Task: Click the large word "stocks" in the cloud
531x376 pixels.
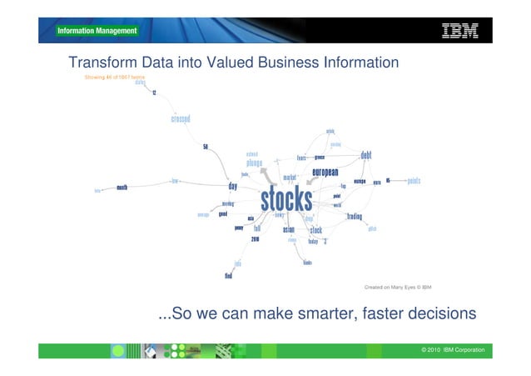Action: (x=286, y=200)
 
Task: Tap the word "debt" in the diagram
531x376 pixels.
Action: (x=365, y=156)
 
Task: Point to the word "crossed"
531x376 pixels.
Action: (x=181, y=119)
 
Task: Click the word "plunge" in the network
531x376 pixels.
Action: (x=254, y=163)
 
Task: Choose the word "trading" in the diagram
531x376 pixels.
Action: (x=355, y=217)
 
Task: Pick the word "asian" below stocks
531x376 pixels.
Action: (x=288, y=230)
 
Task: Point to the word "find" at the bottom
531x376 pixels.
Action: (x=228, y=275)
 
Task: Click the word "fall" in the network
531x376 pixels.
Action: (x=257, y=228)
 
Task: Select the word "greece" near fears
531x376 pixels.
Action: (x=319, y=157)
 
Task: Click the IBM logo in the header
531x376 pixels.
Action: (x=459, y=31)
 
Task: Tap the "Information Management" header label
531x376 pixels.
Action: (x=97, y=32)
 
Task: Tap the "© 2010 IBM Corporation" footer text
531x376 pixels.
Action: (x=453, y=349)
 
